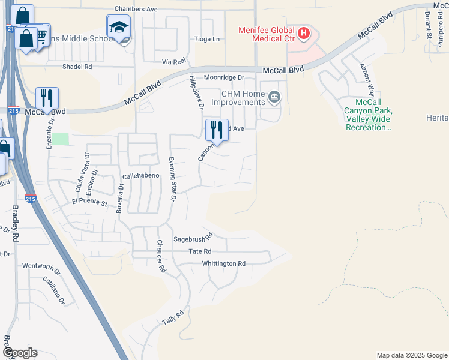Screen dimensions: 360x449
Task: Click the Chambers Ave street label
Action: point(136,9)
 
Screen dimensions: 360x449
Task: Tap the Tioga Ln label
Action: point(208,39)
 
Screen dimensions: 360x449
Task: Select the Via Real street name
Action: point(175,61)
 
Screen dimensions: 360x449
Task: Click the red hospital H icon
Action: point(304,32)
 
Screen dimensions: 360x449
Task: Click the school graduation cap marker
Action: point(119,28)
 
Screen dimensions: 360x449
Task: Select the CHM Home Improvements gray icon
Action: point(274,96)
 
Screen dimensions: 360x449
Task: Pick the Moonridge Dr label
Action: point(224,77)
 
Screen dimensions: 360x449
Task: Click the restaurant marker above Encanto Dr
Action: point(47,98)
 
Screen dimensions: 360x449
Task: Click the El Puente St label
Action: point(89,204)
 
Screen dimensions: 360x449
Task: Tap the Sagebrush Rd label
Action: point(193,238)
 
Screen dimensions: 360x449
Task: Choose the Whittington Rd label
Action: point(224,263)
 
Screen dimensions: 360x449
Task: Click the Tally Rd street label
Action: point(172,318)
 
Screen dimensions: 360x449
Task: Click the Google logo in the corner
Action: point(19,353)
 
